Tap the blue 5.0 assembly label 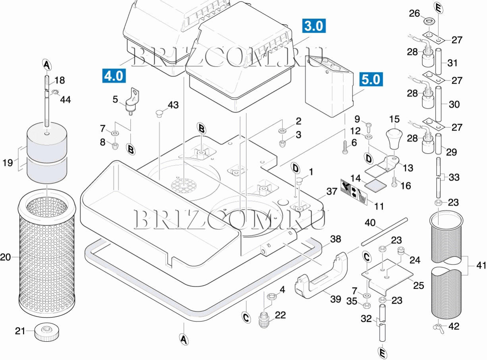[x=371, y=80]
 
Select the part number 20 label [x=6, y=257]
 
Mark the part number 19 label [x=7, y=162]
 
